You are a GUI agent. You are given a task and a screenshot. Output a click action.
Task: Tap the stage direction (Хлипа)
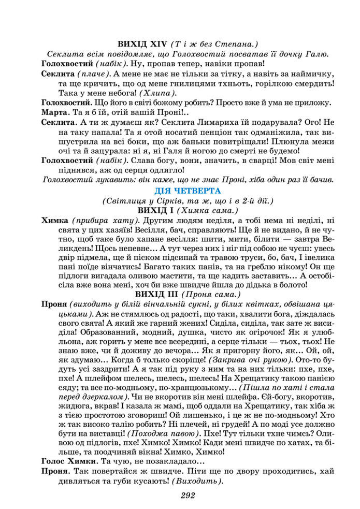(x=157, y=93)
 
